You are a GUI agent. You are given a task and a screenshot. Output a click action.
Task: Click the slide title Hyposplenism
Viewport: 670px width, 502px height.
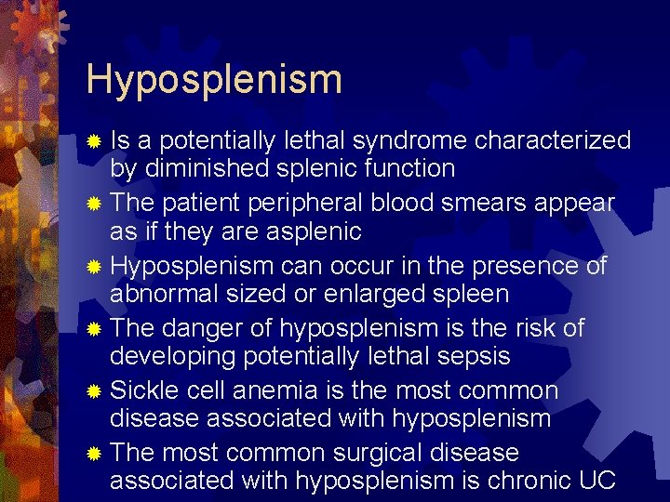(x=214, y=80)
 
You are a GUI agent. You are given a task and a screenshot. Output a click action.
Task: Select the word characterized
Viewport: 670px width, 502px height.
(x=553, y=140)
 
